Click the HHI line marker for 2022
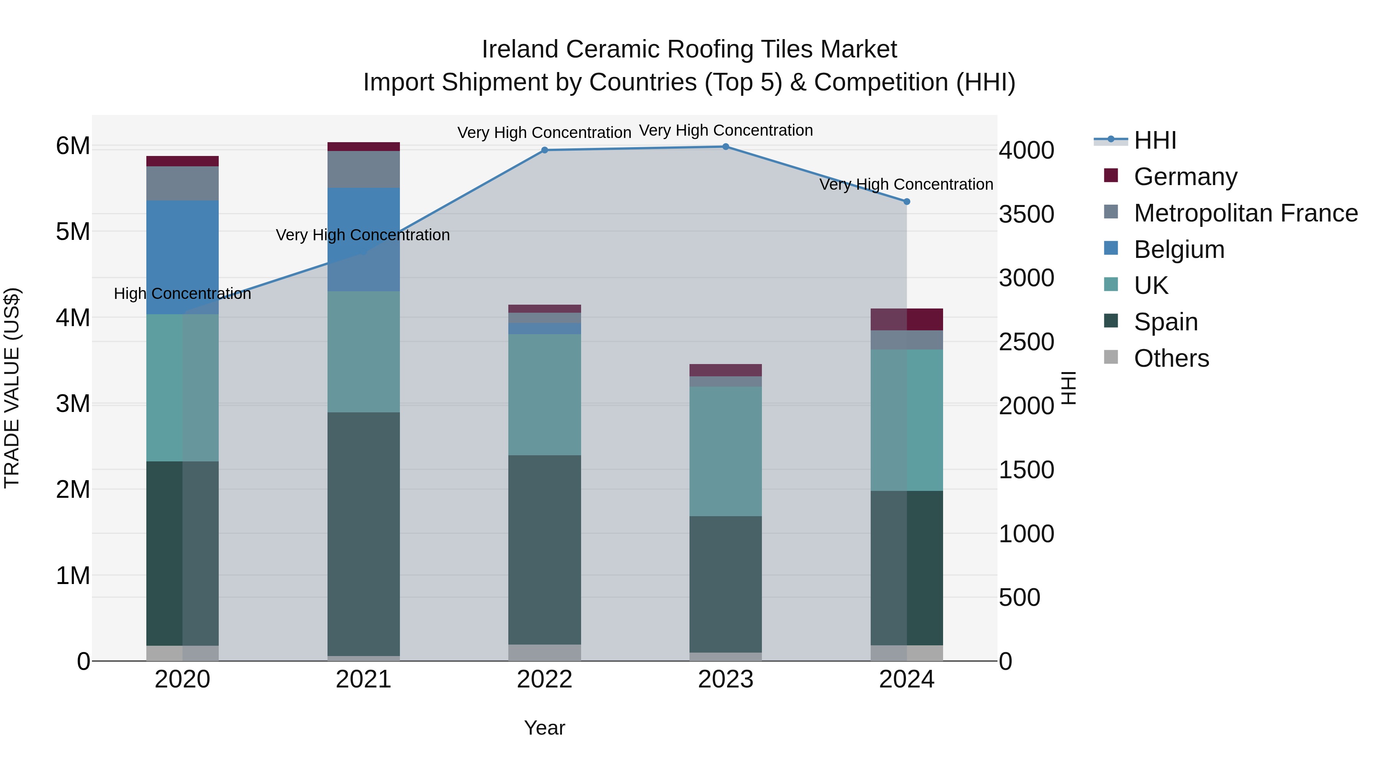[544, 150]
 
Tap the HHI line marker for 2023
[726, 147]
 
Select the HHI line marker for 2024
[906, 202]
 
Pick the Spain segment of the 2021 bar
[364, 533]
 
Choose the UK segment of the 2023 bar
[726, 451]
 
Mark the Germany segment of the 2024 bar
[906, 319]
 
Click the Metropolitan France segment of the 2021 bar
[364, 169]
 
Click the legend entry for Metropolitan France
[1246, 213]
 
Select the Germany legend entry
[1185, 177]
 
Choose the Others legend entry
[1171, 358]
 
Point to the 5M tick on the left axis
[73, 232]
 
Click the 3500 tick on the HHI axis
[1026, 214]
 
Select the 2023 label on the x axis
[726, 679]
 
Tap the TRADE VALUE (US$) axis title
[12, 388]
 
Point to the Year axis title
[544, 728]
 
